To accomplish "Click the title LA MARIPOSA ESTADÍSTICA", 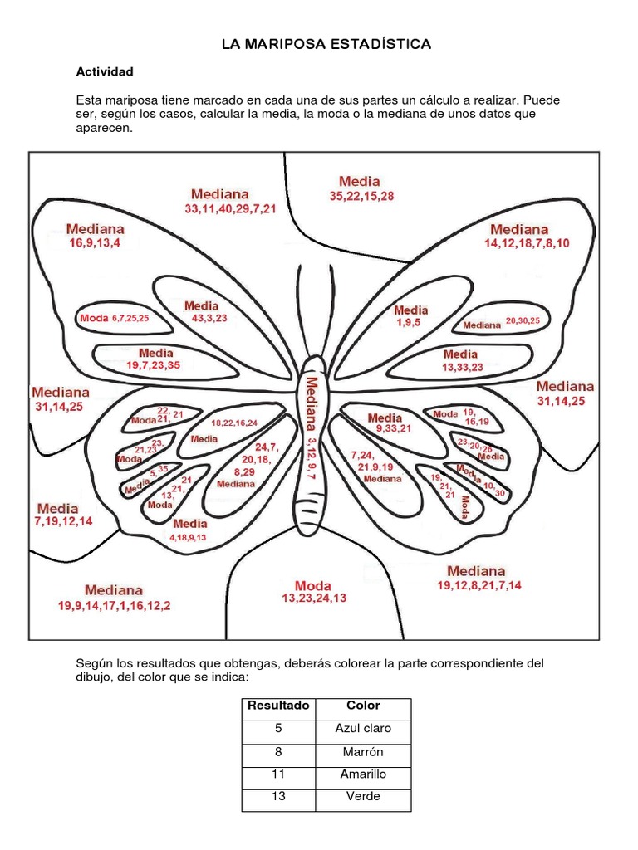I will (326, 43).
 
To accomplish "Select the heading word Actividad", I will (105, 72).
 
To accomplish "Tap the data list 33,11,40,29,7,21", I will (230, 210).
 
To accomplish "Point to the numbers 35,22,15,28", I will (361, 196).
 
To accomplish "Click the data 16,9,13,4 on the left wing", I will (95, 243).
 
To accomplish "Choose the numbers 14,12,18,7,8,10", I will (527, 243).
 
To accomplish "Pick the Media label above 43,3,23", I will (202, 305).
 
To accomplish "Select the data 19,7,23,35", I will (153, 365).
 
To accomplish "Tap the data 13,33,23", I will (462, 367).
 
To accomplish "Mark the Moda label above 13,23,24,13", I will (313, 584).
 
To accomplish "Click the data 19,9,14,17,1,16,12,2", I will (114, 605).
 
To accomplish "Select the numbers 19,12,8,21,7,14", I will (479, 586).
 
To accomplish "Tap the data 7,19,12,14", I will (63, 522).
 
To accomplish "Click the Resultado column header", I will (277, 706).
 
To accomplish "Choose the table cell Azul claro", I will (363, 729).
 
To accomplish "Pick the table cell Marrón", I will (363, 751).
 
